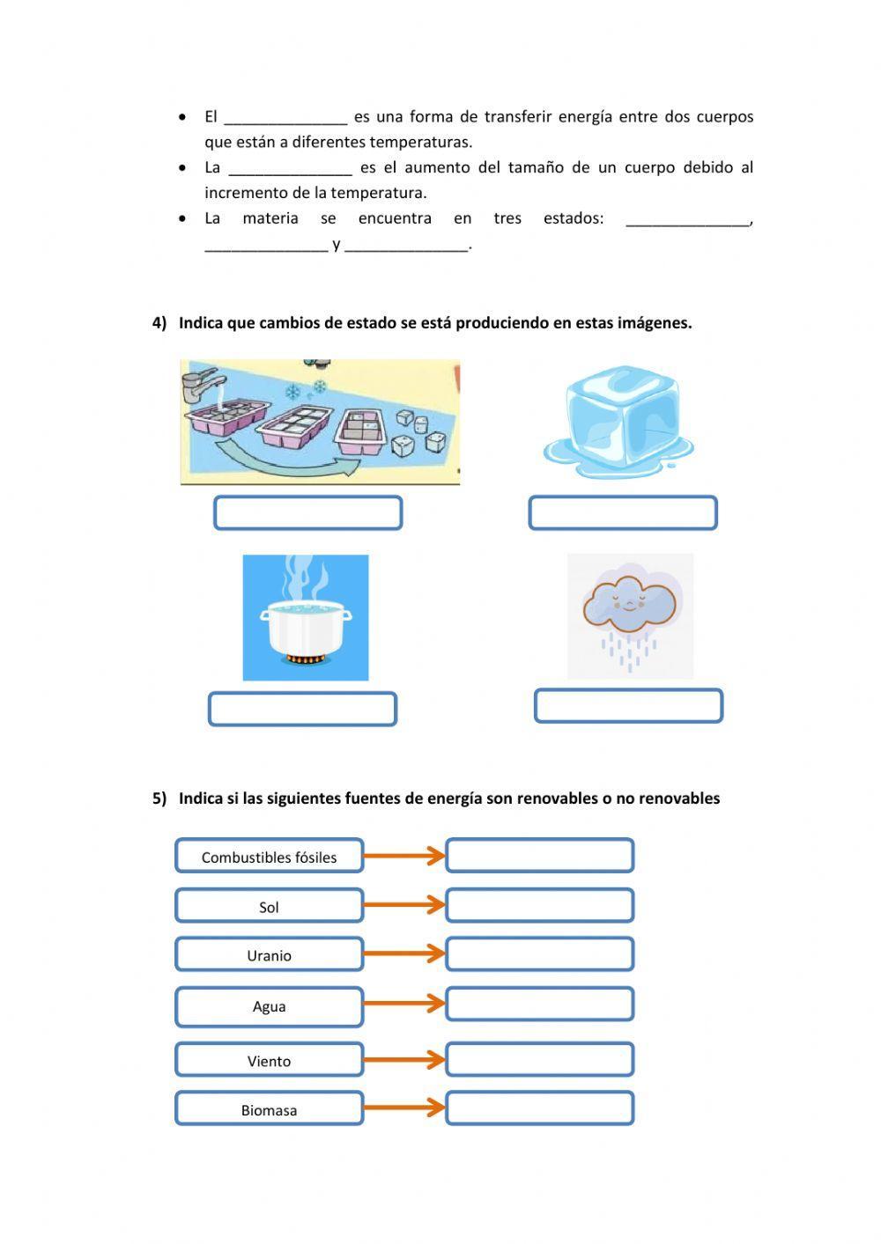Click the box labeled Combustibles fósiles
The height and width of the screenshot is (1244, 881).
(x=269, y=856)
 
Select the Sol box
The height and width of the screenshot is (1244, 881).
(x=269, y=906)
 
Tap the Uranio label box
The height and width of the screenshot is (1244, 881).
(x=269, y=954)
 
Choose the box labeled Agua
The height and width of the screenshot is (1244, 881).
(x=269, y=1006)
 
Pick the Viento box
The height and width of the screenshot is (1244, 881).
(x=269, y=1060)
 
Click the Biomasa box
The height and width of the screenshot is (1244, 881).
(x=269, y=1109)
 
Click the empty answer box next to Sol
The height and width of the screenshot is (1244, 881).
(x=539, y=905)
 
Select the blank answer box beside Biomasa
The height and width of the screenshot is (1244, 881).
(x=539, y=1108)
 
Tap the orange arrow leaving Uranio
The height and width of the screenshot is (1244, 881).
(x=403, y=953)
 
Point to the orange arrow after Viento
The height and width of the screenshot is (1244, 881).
(x=403, y=1059)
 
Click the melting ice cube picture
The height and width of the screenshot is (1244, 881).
(x=619, y=420)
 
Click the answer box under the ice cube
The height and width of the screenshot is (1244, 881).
(x=623, y=513)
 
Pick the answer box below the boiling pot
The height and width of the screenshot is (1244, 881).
(x=302, y=709)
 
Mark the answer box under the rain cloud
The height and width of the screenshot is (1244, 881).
(x=628, y=706)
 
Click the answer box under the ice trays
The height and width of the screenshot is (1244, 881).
(x=307, y=513)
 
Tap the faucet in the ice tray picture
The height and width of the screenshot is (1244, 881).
(x=200, y=387)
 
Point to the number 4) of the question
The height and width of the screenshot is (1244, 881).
(x=159, y=323)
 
